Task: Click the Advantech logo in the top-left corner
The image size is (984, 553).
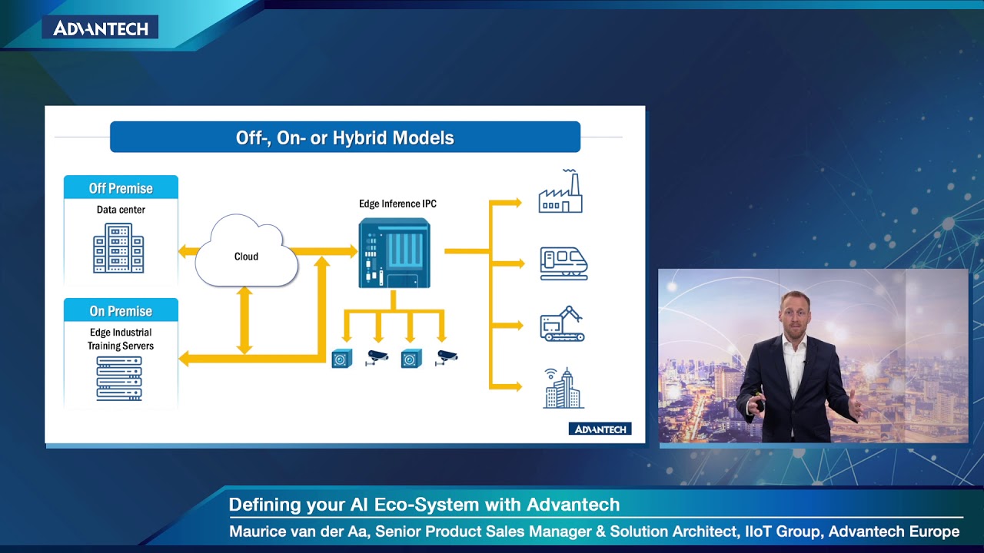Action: (x=101, y=28)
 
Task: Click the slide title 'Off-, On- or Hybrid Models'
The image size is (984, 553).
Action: (x=344, y=138)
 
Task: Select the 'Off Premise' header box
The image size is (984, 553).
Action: (x=121, y=188)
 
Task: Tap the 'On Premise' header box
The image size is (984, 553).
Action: (x=121, y=311)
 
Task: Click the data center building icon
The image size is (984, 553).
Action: (x=118, y=248)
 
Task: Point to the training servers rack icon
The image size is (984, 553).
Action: (x=119, y=378)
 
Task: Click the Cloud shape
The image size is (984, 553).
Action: (x=246, y=253)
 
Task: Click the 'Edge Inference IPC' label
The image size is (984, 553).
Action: (x=397, y=204)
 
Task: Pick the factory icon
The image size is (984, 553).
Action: (x=561, y=192)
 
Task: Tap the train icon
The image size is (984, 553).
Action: (x=563, y=263)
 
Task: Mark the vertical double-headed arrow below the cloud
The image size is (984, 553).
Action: (x=244, y=320)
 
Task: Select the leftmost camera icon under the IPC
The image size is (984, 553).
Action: (x=342, y=358)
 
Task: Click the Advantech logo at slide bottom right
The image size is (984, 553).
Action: (x=600, y=429)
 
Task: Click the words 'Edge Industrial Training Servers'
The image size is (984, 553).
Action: (x=120, y=339)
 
